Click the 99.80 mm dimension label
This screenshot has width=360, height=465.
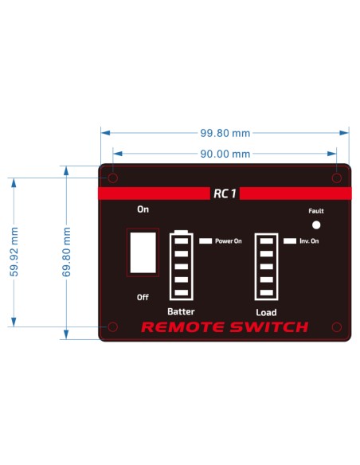pyautogui.click(x=225, y=133)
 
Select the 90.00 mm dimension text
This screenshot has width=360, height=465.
pyautogui.click(x=225, y=154)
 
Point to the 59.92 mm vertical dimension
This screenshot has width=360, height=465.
pyautogui.click(x=14, y=252)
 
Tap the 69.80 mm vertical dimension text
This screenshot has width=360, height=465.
pyautogui.click(x=66, y=252)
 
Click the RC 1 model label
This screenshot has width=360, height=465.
pyautogui.click(x=225, y=193)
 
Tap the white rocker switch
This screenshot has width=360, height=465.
pyautogui.click(x=143, y=252)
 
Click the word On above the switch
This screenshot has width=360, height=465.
pyautogui.click(x=143, y=209)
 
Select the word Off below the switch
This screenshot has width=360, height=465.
pyautogui.click(x=143, y=297)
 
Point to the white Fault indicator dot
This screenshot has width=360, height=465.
pyautogui.click(x=316, y=225)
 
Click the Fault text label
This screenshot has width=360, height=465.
pyautogui.click(x=316, y=211)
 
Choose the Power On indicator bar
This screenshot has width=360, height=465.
pyautogui.click(x=205, y=240)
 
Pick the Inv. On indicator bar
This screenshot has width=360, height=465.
pyautogui.click(x=290, y=240)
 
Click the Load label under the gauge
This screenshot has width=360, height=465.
pyautogui.click(x=266, y=312)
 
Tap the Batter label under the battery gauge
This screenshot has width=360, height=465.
pyautogui.click(x=181, y=311)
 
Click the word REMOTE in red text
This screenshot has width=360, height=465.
pyautogui.click(x=182, y=327)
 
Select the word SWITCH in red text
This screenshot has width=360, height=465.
pyautogui.click(x=269, y=327)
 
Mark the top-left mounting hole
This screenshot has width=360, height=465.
pyautogui.click(x=112, y=178)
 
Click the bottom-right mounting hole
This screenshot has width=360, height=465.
pyautogui.click(x=337, y=327)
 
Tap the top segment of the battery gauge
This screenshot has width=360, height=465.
pyautogui.click(x=181, y=240)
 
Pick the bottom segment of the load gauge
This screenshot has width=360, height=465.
pyautogui.click(x=267, y=293)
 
